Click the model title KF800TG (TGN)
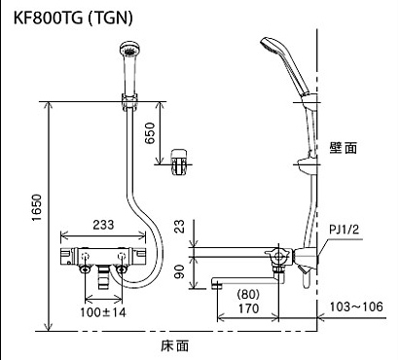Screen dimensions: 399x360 tap(73, 18)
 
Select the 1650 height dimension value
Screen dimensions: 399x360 tap(38, 208)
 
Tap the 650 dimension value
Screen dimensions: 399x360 tap(150, 133)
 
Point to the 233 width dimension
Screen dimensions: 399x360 tap(103, 225)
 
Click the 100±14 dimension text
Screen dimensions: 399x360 tap(103, 312)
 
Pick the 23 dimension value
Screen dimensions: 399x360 tap(179, 227)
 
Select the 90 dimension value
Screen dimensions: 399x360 tap(179, 271)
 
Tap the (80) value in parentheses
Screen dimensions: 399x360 tap(248, 295)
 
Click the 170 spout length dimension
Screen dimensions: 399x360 tap(248, 308)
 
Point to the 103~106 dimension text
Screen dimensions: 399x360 tap(356, 306)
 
